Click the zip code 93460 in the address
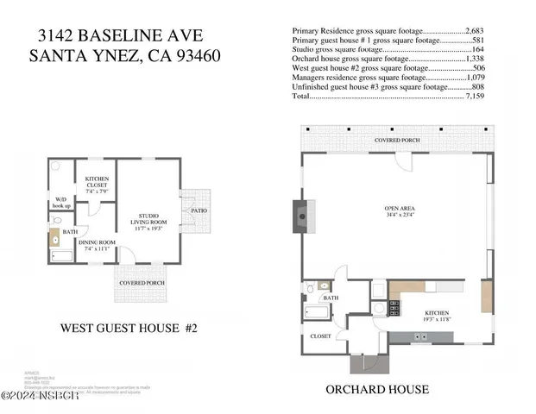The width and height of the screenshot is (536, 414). [194, 56]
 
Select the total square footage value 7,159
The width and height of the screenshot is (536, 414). [477, 97]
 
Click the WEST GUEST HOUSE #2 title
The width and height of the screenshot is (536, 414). [129, 328]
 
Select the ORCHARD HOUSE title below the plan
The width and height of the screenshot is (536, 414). [377, 389]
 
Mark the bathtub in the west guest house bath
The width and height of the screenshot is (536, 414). [63, 255]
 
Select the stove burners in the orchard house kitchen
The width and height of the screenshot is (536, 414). [394, 306]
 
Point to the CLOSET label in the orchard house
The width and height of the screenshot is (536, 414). [320, 336]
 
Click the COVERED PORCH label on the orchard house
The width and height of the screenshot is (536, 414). [398, 139]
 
